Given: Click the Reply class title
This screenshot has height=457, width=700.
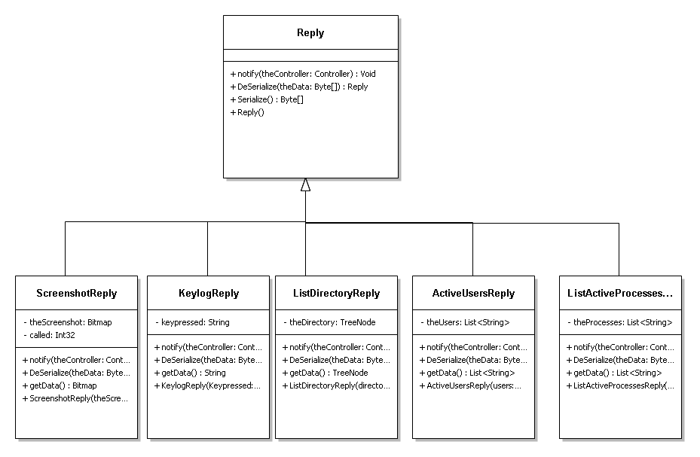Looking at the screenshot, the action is pos(310,32).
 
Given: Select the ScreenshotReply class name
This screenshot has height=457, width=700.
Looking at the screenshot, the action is pos(76,293).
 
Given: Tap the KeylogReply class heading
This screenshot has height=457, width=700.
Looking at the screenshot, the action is pos(209,293).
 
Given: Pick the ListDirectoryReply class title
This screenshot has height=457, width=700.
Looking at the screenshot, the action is pos(336,293).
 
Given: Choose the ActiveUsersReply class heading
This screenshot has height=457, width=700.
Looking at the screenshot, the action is pos(473,293).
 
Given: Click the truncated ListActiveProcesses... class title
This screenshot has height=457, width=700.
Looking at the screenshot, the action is pos(620,293).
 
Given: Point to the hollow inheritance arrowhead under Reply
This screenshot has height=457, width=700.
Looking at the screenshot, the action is pos(305,184).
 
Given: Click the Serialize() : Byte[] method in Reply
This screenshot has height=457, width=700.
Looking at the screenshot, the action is pos(267,99).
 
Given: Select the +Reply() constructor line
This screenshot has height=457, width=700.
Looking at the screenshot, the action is pos(247,112).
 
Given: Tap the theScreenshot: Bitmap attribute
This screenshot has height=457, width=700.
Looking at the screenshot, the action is pos(67,322).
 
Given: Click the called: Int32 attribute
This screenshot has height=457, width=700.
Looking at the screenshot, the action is pos(49,335).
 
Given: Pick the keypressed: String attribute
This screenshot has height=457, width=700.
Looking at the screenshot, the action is pos(192,322).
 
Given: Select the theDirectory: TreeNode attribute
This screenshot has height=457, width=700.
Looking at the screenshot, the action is pos(329,322).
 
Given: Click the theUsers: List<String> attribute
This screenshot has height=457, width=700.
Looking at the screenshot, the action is pos(465,322).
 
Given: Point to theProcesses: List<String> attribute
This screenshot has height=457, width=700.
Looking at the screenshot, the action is pos(619,322).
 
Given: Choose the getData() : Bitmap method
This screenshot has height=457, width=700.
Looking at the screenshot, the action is pos(60,385).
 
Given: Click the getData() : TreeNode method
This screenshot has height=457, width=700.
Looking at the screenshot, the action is pos(325,373).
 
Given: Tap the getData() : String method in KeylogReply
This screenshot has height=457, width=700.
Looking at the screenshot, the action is pos(190,373).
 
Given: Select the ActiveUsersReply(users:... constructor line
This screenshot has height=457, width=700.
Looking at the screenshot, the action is pos(470,385).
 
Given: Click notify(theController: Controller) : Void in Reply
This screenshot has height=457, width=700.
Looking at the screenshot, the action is pos(303,74).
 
